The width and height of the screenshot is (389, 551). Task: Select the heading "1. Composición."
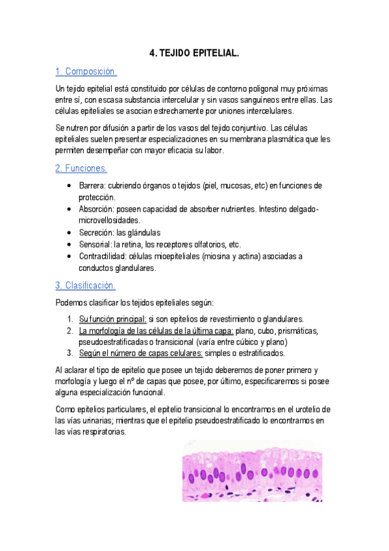(86, 71)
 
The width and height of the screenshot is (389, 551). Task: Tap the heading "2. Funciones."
(81, 168)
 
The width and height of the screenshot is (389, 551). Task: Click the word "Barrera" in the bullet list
(93, 186)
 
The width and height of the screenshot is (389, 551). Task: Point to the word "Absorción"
(97, 209)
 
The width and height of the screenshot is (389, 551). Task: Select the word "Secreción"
(96, 233)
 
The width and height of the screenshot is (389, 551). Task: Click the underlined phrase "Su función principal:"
(112, 318)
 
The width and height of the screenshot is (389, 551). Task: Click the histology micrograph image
(252, 468)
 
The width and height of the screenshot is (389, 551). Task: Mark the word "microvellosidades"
(111, 221)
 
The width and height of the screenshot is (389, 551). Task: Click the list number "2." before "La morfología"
(71, 330)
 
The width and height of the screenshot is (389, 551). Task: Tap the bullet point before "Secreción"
(69, 233)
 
